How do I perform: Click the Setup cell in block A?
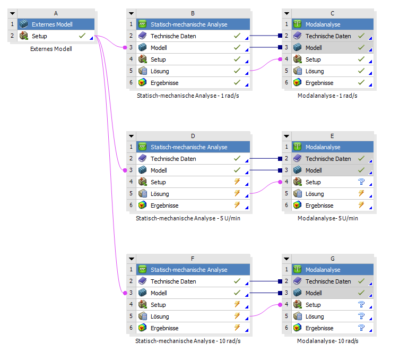(x=39, y=36)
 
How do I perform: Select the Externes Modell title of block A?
(x=52, y=24)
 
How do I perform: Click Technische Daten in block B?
(x=173, y=36)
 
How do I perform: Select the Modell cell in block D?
(x=159, y=170)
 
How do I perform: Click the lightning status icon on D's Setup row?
(x=237, y=182)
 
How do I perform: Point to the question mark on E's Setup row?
(x=361, y=182)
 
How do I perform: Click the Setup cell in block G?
(x=313, y=305)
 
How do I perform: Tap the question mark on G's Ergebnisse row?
(x=361, y=328)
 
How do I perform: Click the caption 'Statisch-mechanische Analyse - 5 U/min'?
(x=188, y=218)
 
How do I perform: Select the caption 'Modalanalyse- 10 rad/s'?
(x=327, y=341)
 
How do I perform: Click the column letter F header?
(x=192, y=259)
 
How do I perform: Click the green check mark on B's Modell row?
(x=237, y=48)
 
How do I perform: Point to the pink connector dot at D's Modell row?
(x=125, y=170)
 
